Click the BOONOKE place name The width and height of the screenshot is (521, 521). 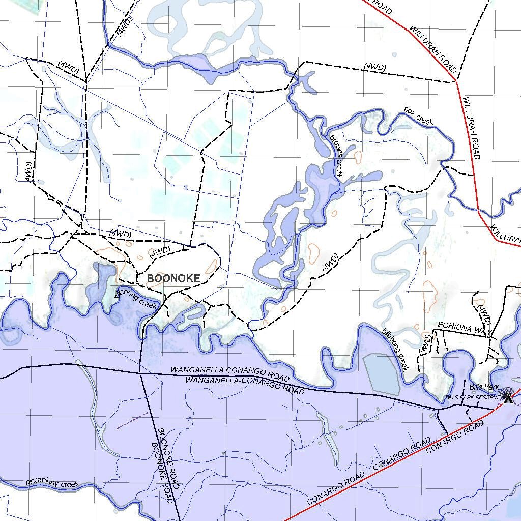pyautogui.click(x=173, y=278)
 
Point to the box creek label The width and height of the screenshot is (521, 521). pyautogui.click(x=419, y=115)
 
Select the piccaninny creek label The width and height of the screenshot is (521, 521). pyautogui.click(x=52, y=483)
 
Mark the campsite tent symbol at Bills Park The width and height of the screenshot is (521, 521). pyautogui.click(x=508, y=395)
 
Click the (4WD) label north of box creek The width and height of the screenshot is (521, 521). pyautogui.click(x=375, y=67)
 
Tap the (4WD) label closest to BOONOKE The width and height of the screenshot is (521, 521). pyautogui.click(x=160, y=252)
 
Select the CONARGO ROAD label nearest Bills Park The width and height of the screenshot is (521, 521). pyautogui.click(x=454, y=438)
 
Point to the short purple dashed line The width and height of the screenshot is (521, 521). pyautogui.click(x=133, y=420)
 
